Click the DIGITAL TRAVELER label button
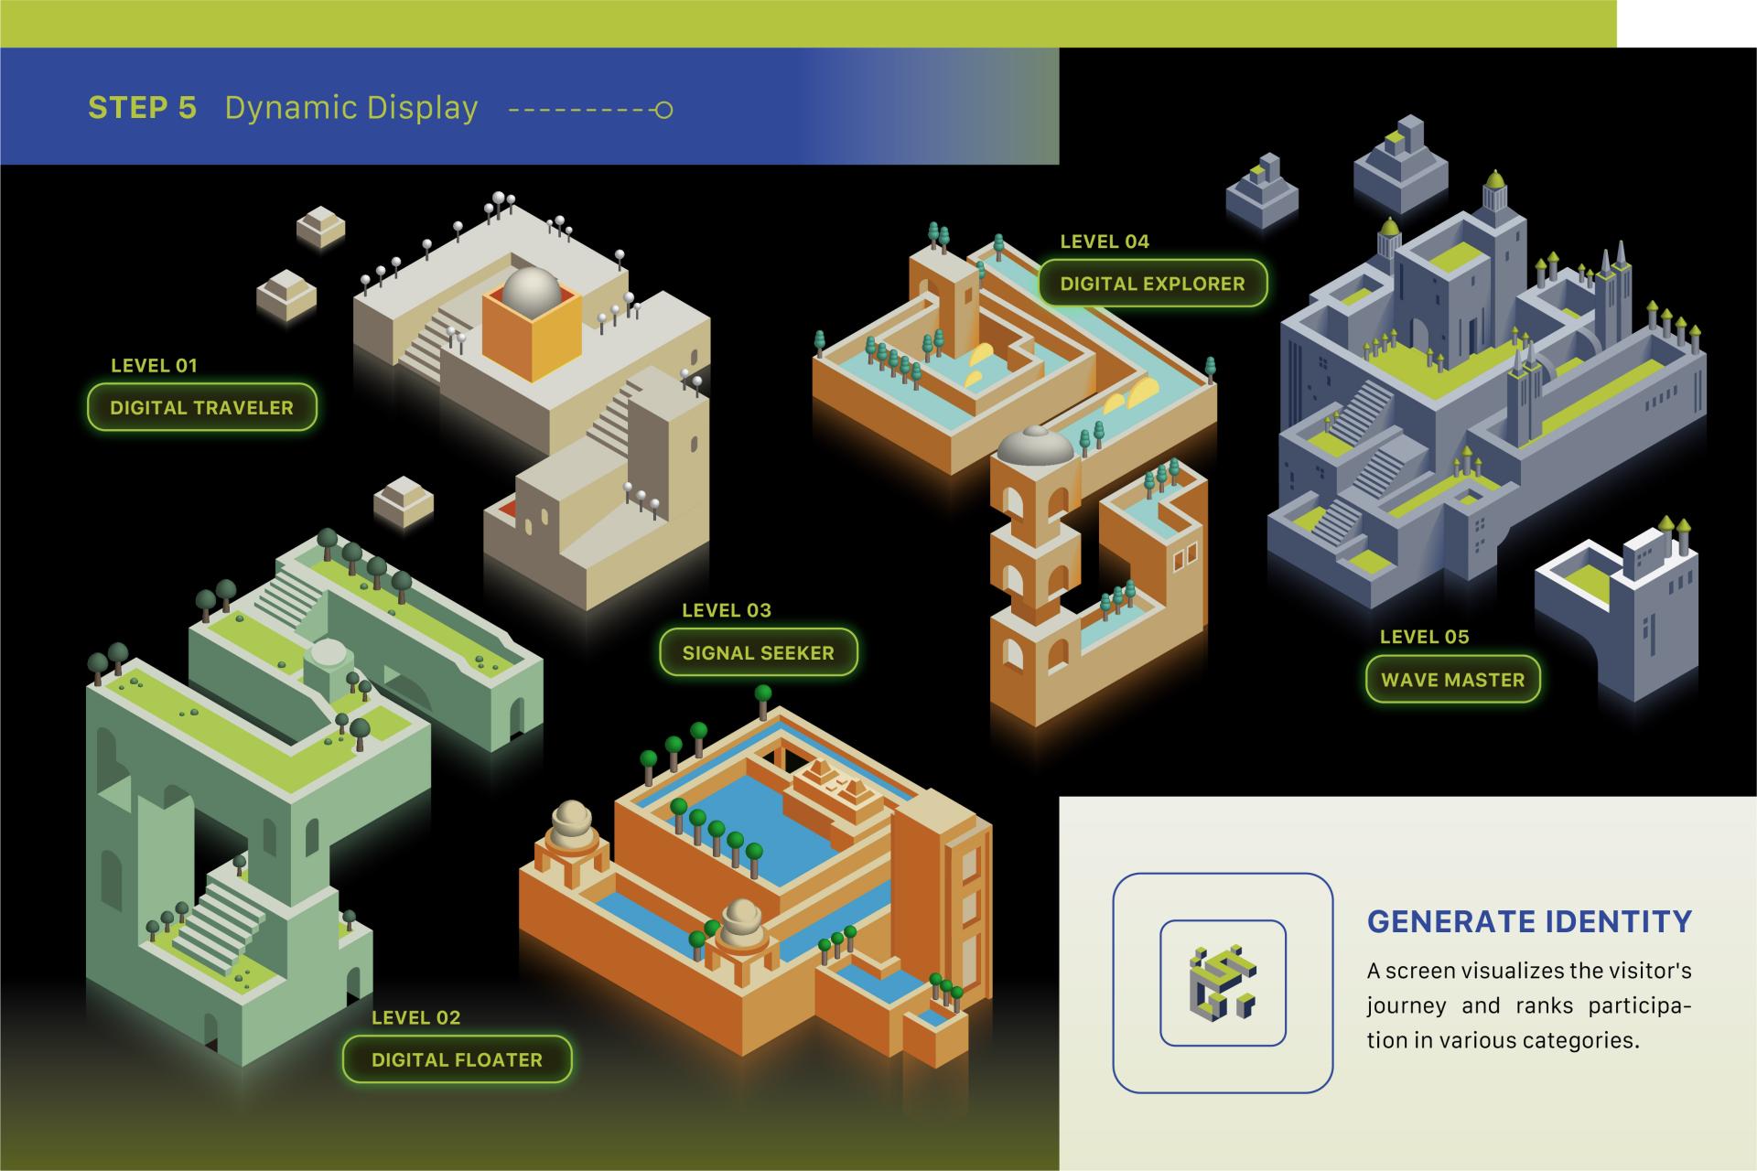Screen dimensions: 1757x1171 point(202,407)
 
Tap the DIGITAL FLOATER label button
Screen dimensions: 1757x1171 point(457,1059)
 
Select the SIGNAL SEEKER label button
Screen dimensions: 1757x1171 point(759,652)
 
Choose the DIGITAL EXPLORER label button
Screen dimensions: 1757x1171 point(1153,284)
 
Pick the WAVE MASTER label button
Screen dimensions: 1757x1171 point(1453,680)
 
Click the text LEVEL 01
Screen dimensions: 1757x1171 point(154,366)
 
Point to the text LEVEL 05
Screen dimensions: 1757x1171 point(1425,637)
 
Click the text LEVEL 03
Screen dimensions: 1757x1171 point(727,610)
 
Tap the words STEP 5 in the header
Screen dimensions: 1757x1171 point(142,108)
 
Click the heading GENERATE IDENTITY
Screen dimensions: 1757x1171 point(1530,921)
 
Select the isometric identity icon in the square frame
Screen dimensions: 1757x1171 point(1223,983)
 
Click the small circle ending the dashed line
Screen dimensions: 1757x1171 point(664,111)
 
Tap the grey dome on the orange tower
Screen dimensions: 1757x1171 point(1035,446)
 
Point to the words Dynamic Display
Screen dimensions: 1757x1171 point(351,108)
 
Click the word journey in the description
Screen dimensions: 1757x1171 point(1407,1006)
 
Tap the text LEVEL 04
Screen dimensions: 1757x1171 point(1105,242)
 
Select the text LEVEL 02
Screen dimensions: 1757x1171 point(416,1017)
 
